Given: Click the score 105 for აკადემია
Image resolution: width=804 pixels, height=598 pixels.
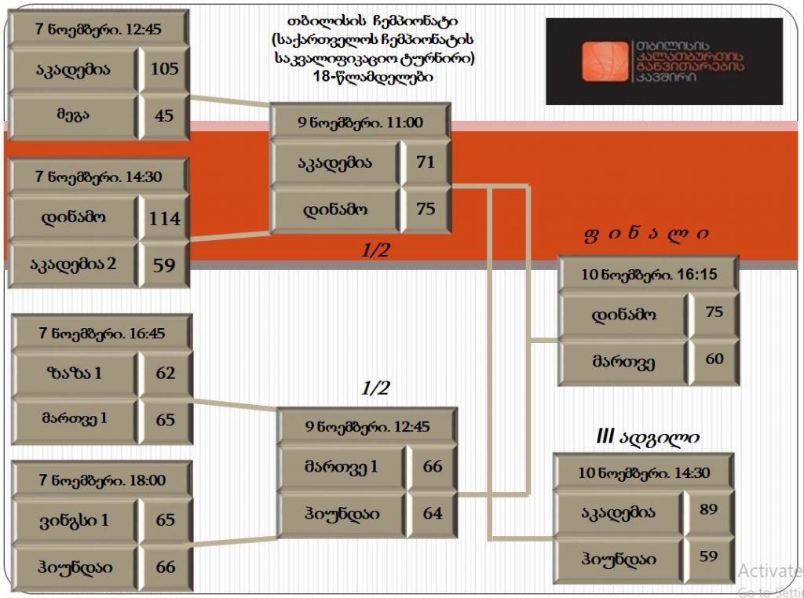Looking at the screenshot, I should [165, 69].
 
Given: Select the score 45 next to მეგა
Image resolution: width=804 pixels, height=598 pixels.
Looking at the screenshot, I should [165, 115].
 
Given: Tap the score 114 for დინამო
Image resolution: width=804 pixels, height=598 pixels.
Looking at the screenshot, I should [165, 218].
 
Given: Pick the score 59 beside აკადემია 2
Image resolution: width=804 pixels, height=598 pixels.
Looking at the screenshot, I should [165, 264].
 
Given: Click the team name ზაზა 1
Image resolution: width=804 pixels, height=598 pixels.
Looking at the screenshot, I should [75, 373].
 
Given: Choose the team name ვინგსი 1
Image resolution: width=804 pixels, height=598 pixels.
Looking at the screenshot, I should [75, 520].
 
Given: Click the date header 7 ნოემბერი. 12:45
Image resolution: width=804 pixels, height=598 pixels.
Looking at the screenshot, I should [99, 29].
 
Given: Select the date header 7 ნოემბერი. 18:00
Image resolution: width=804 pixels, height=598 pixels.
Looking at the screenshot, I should [103, 479].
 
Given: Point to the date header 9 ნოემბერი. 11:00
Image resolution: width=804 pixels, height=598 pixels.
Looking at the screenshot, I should [360, 122].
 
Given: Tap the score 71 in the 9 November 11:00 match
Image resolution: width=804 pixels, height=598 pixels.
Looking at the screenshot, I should [426, 162].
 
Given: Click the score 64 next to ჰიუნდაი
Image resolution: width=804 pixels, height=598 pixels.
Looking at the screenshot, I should [433, 513].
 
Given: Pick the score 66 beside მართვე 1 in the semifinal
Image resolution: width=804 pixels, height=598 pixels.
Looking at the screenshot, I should [433, 466].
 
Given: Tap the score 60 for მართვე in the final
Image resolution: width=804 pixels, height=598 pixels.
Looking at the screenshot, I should [714, 359].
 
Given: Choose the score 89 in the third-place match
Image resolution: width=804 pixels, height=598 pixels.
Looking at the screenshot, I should [709, 509].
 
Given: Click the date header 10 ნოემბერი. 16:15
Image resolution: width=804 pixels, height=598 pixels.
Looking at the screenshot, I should [649, 275].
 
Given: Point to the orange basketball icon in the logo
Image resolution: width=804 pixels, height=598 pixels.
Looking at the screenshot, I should [605, 62].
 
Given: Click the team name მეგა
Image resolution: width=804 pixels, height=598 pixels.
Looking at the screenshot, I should [73, 115].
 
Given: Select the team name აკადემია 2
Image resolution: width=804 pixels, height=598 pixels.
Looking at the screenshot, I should [75, 264].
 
